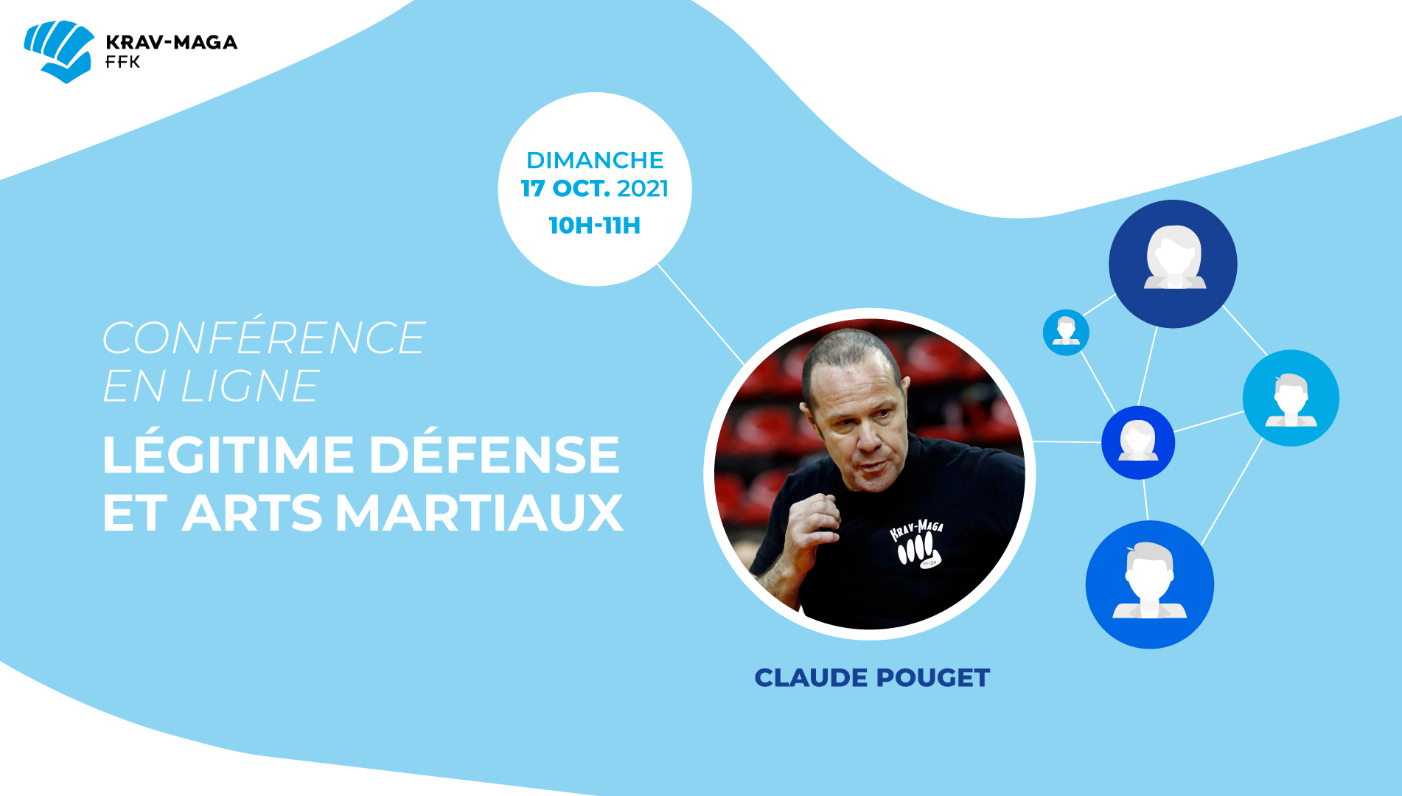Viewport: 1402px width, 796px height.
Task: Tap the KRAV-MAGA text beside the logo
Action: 172,42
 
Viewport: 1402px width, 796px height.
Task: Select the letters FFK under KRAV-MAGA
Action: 122,63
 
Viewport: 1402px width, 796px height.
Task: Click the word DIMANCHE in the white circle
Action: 595,160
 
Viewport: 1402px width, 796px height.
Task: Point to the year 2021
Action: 643,189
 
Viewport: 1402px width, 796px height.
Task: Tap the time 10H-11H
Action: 595,225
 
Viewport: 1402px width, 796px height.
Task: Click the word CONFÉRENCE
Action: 264,338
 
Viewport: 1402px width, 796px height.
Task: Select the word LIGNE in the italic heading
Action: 250,385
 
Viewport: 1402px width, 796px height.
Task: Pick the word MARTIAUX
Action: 480,513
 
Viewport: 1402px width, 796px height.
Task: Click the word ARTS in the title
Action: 253,513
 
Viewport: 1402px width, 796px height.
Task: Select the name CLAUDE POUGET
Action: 872,678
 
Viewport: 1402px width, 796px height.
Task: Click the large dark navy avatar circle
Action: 1173,264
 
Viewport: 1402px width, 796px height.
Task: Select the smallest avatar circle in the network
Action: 1066,332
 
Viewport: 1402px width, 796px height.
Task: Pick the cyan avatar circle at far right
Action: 1291,398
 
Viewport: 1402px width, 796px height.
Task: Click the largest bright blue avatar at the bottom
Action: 1149,584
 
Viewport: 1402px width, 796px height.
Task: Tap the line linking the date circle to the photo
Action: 700,314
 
